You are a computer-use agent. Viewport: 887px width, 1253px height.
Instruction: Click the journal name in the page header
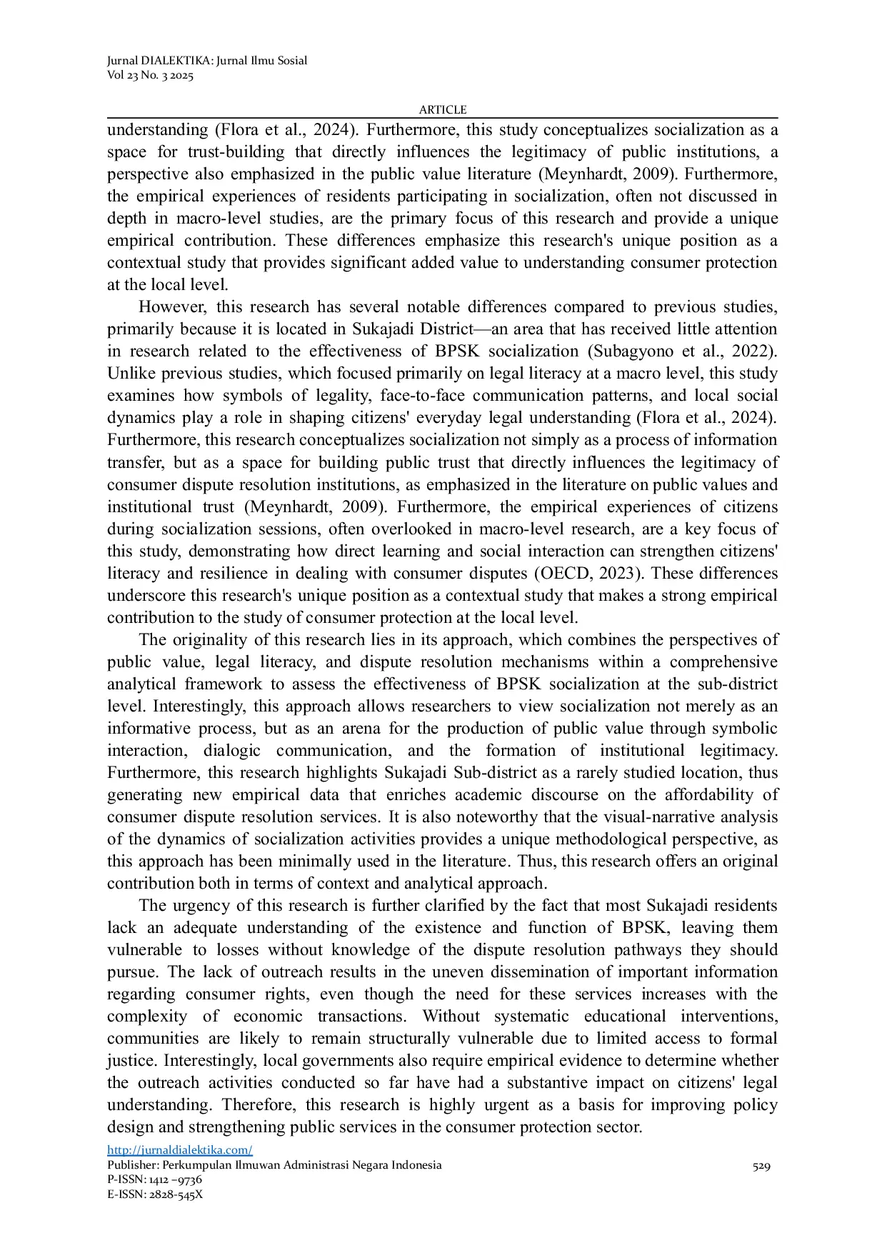[207, 61]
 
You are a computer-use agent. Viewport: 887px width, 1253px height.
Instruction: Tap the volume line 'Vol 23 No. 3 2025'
[150, 76]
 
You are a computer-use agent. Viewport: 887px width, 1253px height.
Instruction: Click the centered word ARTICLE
[443, 109]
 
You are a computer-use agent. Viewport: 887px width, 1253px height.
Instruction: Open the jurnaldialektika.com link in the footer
[180, 1150]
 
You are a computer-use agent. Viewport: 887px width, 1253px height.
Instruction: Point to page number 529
[761, 1167]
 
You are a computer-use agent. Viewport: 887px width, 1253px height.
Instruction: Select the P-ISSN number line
[154, 1179]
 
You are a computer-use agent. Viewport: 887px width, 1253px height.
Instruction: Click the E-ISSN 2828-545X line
[155, 1194]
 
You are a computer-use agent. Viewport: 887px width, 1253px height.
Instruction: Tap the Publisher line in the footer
[274, 1165]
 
